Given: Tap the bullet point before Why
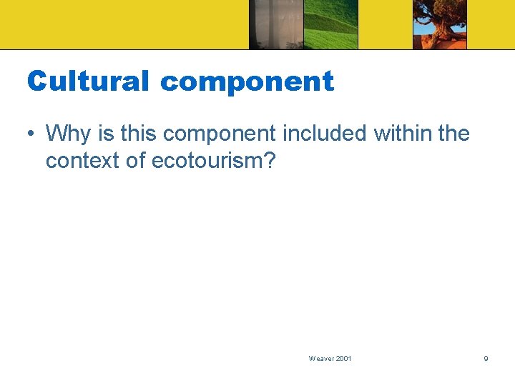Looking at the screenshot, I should (32, 134).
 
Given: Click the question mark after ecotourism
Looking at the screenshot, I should (268, 162).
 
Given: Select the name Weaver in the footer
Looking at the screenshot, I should (320, 358).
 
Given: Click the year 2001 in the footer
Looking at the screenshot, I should (343, 358).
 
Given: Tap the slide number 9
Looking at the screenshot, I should (486, 358).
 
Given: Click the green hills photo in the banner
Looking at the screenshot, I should (330, 24).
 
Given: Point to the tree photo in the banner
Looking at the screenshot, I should (440, 24).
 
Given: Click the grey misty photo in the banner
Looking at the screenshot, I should (276, 24).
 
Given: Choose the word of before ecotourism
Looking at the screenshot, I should (136, 162).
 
